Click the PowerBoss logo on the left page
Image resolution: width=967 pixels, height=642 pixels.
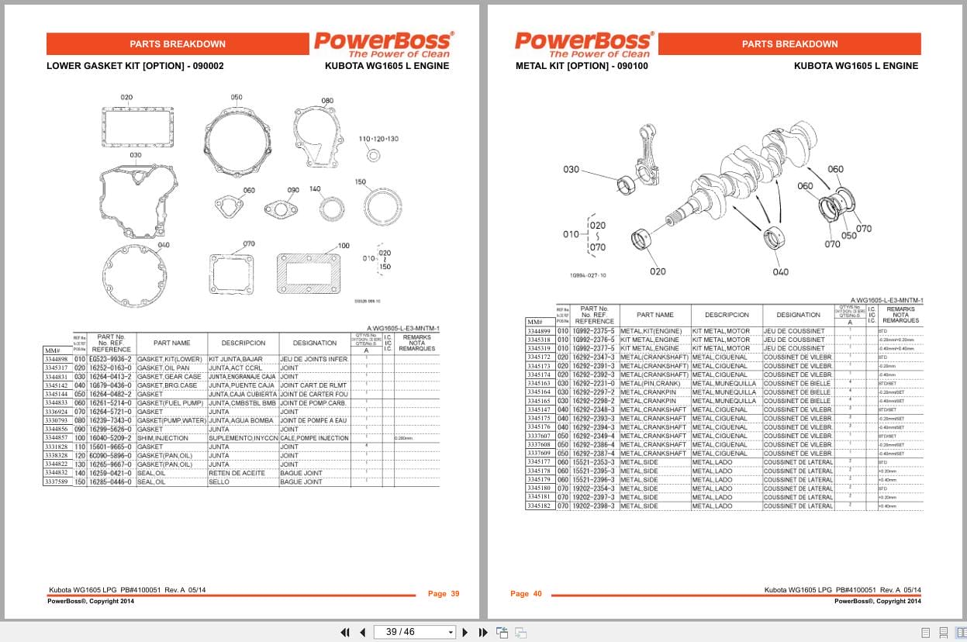click(x=383, y=43)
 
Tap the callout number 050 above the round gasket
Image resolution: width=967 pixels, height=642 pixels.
click(x=237, y=98)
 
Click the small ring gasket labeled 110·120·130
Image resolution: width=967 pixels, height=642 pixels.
click(x=374, y=157)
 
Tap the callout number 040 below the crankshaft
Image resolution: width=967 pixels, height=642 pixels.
click(x=780, y=271)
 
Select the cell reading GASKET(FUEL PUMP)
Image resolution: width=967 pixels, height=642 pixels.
click(x=170, y=403)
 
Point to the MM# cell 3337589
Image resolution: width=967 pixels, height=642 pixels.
click(x=57, y=482)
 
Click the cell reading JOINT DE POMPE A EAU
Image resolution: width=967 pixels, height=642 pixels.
click(x=313, y=420)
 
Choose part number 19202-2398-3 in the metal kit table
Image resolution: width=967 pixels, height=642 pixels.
click(x=593, y=506)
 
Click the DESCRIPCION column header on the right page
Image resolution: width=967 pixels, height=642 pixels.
click(x=727, y=315)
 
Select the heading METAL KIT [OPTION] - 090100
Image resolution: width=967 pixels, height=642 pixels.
click(x=582, y=66)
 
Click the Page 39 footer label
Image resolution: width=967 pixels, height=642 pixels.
click(x=444, y=594)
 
